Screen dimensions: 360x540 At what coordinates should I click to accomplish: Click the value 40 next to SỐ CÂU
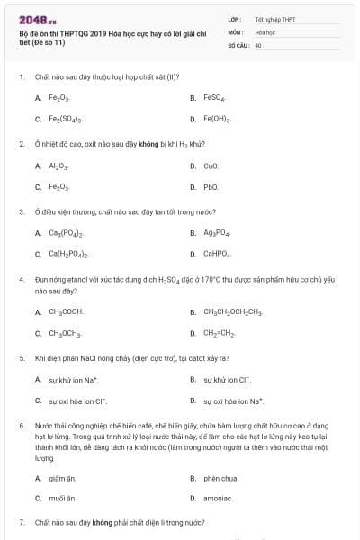click(258, 44)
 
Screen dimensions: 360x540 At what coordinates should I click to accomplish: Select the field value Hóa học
click(265, 31)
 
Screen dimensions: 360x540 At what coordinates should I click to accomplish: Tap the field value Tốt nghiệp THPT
click(275, 19)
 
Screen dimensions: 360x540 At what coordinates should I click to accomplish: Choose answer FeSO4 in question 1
click(214, 97)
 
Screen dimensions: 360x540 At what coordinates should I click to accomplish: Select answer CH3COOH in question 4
click(66, 311)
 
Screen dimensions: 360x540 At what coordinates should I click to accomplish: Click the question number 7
click(21, 522)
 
